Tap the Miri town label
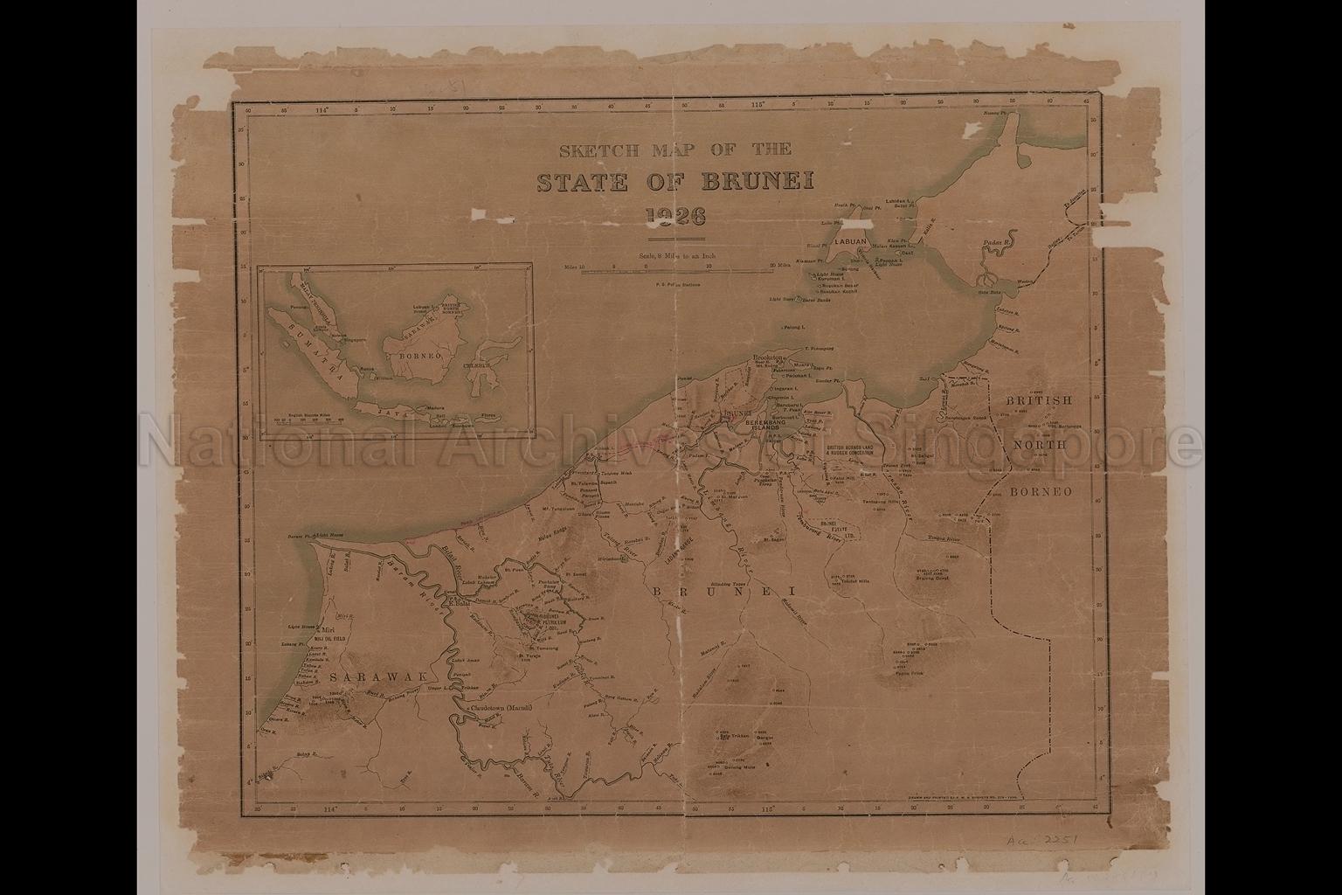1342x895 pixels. coord(329,630)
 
